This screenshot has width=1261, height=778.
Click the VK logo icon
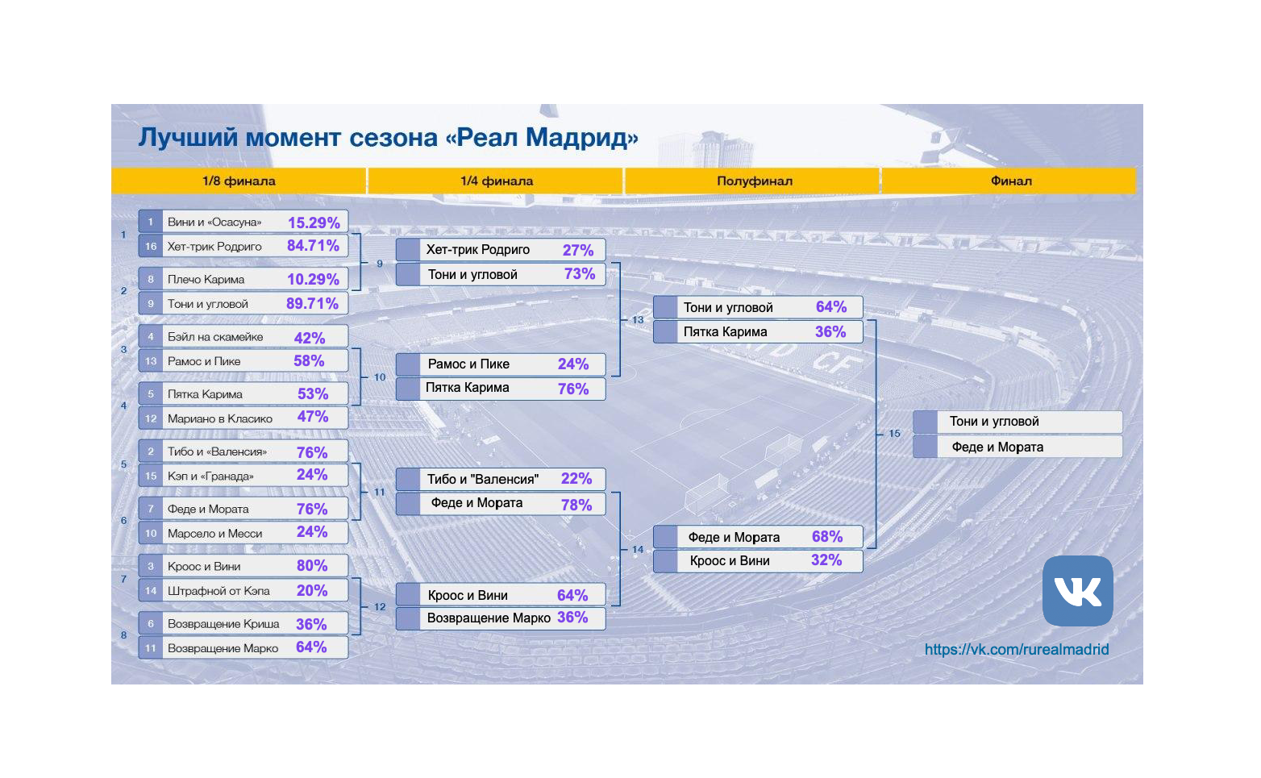coord(1077,591)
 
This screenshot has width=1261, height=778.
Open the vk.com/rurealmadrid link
coord(1016,649)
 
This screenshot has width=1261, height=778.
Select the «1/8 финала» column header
coord(239,181)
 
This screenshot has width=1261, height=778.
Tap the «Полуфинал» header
coord(754,181)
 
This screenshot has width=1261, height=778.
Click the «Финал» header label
coord(1010,181)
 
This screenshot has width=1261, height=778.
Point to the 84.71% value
coord(313,246)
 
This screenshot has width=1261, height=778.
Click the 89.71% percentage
coord(312,304)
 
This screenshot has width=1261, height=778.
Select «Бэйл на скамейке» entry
coord(215,337)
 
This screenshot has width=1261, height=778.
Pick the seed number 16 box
coord(151,247)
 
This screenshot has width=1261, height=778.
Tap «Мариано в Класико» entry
coord(219,418)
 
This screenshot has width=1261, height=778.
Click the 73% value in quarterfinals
coord(579,274)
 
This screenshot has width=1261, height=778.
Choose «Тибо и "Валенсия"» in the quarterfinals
coord(482,479)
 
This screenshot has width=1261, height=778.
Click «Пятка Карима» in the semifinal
coord(725,332)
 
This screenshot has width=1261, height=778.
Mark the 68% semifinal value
coord(826,537)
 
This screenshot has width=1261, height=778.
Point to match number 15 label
coord(894,434)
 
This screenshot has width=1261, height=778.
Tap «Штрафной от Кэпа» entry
coord(218,591)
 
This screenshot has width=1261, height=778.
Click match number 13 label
coord(638,320)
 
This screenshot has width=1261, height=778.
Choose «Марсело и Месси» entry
coord(214,534)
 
